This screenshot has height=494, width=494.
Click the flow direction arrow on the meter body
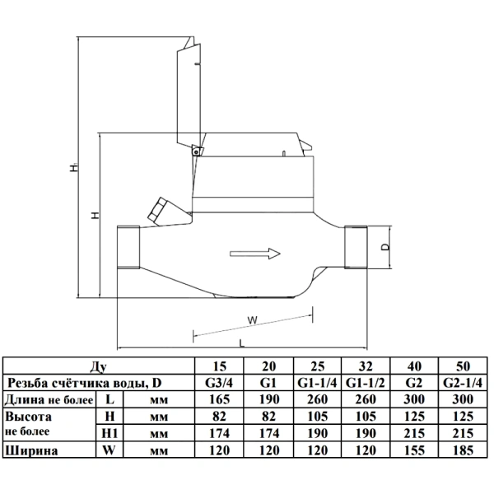pyautogui.click(x=255, y=254)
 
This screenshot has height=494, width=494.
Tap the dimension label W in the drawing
pyautogui.click(x=253, y=320)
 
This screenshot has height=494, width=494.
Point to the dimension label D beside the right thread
pyautogui.click(x=385, y=247)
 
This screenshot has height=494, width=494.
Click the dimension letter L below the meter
pyautogui.click(x=241, y=343)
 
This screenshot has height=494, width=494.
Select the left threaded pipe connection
pyautogui.click(x=128, y=247)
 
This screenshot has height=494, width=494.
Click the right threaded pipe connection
pyautogui.click(x=356, y=247)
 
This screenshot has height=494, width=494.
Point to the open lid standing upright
pyautogui.click(x=189, y=95)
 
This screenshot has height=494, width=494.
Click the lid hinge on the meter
pyautogui.click(x=198, y=151)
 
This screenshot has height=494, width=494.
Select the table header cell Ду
pyautogui.click(x=99, y=366)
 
